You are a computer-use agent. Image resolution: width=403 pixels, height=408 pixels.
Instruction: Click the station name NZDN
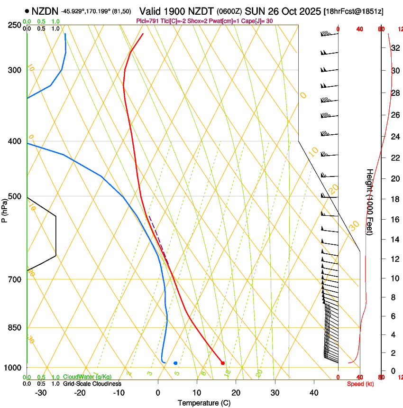click(x=45, y=10)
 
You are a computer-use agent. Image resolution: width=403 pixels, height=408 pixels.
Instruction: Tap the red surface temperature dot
click(x=223, y=363)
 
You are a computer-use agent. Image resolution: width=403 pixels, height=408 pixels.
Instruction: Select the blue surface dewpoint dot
click(x=175, y=363)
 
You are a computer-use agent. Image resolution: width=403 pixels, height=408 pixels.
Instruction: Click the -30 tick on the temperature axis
click(x=41, y=392)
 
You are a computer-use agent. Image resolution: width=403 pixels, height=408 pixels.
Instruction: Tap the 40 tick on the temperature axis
click(x=313, y=392)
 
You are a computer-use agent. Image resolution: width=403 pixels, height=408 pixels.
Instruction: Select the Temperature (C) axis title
click(x=204, y=403)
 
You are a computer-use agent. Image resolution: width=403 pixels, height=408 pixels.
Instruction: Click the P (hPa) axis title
click(x=4, y=209)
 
